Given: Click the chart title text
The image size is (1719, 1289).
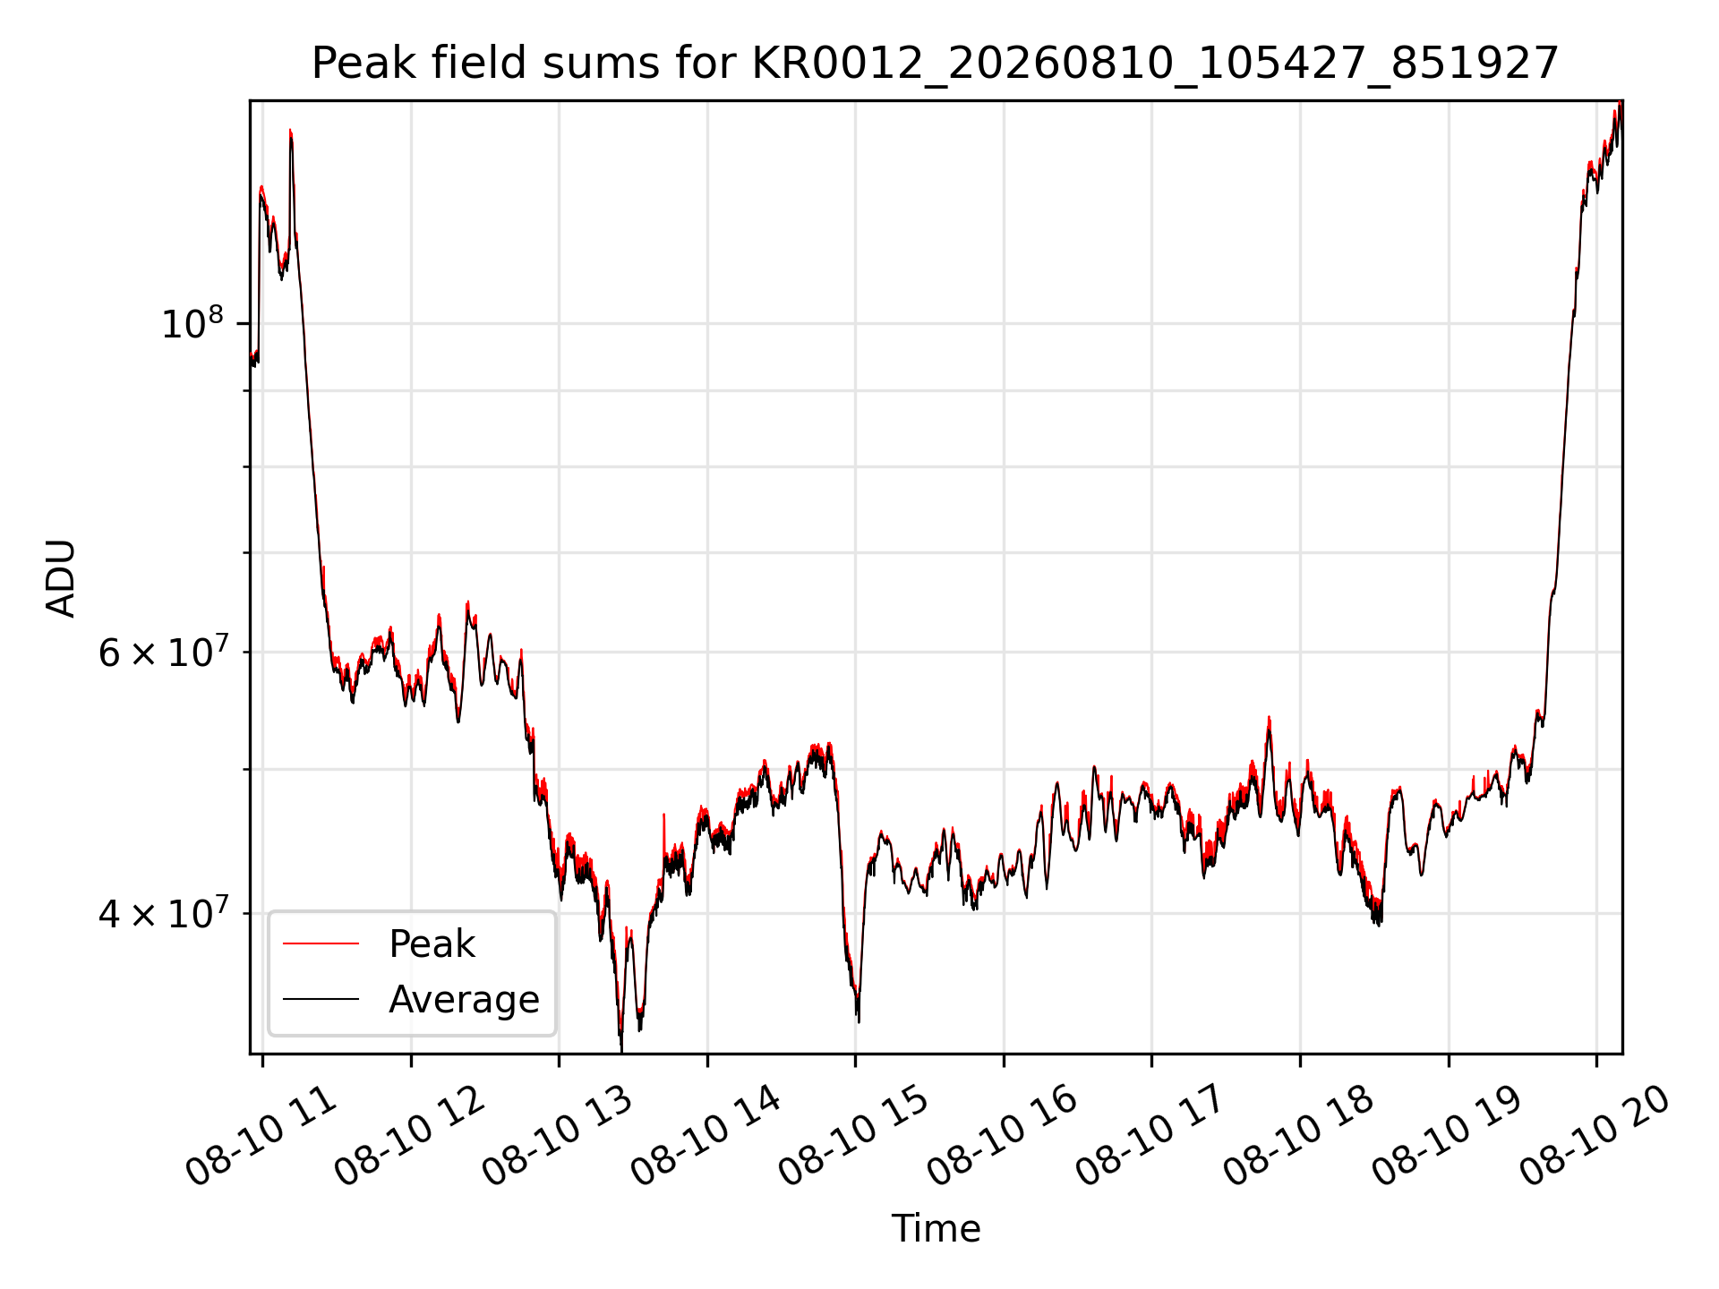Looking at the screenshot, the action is [936, 64].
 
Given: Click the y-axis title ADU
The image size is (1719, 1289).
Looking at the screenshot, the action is [61, 577].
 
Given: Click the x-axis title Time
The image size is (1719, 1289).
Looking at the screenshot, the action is [936, 1229].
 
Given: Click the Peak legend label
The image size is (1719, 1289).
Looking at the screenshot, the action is [432, 943].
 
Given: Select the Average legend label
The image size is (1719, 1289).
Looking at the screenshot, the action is [464, 999].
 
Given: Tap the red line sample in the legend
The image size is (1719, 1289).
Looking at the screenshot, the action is [321, 943].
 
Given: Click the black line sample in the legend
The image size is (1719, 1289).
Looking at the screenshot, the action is [321, 999].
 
